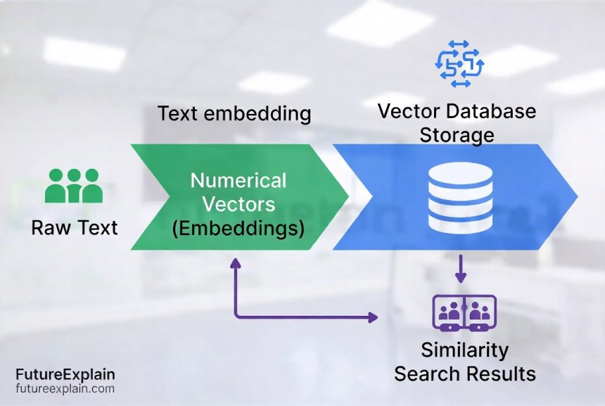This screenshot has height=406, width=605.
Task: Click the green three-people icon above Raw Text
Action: [x=74, y=186]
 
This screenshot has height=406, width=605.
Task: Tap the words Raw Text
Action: [x=75, y=227]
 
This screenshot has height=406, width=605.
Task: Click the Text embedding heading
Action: [x=234, y=113]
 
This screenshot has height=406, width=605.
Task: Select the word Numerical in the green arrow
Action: [x=238, y=181]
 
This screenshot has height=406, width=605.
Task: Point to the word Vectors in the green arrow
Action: [x=238, y=205]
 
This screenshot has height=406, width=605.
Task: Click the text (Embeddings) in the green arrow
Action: [x=238, y=229]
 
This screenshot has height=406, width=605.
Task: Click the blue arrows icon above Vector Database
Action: [x=459, y=64]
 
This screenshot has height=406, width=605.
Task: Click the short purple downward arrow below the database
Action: [x=461, y=269]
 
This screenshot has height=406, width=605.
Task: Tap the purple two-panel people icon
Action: [x=464, y=312]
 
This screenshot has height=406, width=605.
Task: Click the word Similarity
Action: [x=464, y=350]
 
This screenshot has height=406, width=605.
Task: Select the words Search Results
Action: [x=464, y=373]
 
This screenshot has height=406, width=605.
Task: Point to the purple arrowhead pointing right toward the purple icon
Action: [x=372, y=318]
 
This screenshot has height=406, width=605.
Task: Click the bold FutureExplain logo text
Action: [x=65, y=374]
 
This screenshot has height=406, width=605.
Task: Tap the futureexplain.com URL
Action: [x=65, y=388]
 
